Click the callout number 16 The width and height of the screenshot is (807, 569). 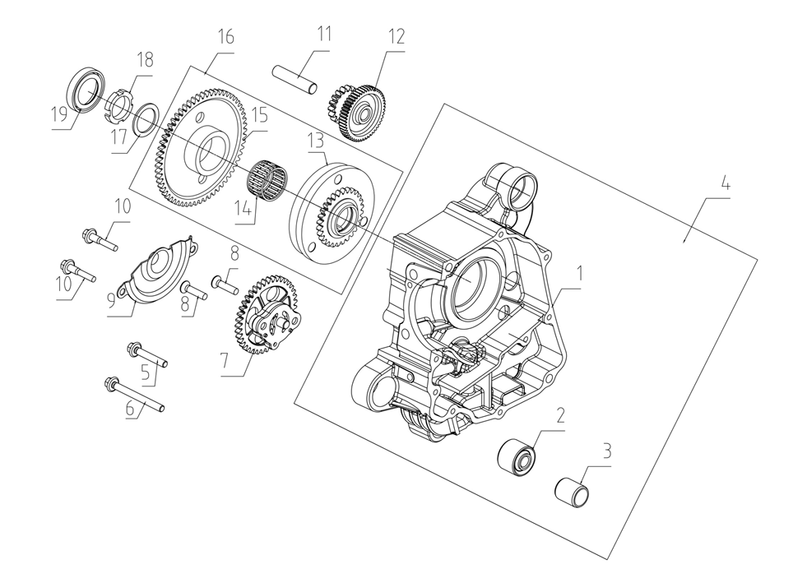pyautogui.click(x=225, y=37)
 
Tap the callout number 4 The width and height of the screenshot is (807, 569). pyautogui.click(x=726, y=185)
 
